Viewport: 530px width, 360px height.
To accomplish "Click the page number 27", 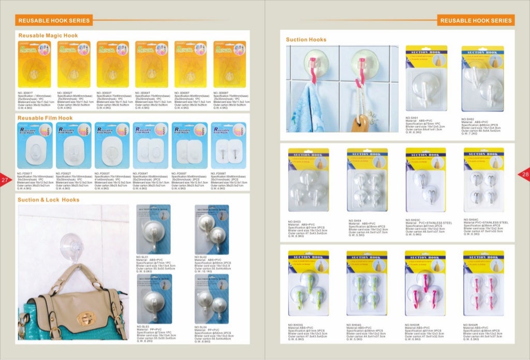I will (x=5, y=180).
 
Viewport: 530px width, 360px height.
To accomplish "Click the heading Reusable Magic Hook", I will (x=48, y=36).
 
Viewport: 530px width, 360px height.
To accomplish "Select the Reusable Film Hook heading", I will (x=45, y=118).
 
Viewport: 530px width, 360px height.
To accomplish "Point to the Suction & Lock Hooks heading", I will (x=48, y=200).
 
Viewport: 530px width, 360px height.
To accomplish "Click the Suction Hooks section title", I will (x=306, y=40).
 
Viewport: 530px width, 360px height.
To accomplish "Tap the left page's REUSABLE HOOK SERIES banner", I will (x=54, y=21).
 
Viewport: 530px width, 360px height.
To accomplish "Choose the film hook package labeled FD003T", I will (x=113, y=145).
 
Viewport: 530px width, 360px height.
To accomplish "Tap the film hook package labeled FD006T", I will (x=229, y=145).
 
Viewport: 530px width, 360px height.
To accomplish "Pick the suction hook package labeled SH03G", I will (x=308, y=286).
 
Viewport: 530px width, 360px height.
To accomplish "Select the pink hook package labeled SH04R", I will (x=483, y=286).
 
